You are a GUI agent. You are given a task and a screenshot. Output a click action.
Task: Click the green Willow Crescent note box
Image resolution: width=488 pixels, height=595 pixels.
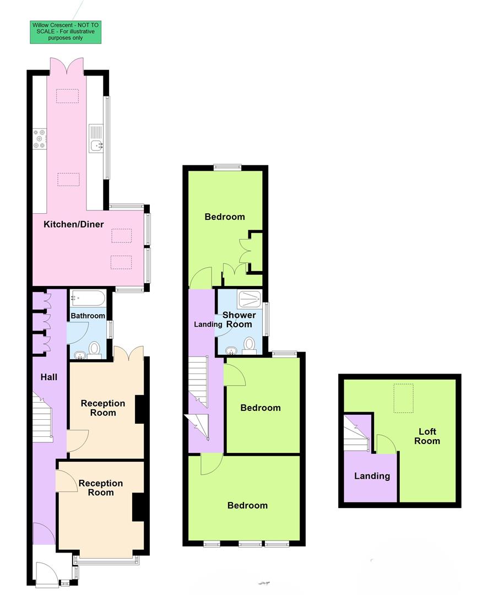pos(66,32)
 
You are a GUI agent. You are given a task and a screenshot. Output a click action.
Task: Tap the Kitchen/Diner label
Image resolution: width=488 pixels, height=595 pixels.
pos(74,224)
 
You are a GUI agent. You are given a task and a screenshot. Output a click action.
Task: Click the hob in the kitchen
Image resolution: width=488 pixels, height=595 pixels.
pos(40,139)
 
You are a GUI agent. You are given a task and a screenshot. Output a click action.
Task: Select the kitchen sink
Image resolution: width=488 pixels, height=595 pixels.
pos(96,146)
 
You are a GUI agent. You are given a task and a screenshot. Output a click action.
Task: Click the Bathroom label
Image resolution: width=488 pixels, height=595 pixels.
pos(88,316)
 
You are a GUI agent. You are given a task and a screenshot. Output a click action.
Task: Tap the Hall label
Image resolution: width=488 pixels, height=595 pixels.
pos(49,377)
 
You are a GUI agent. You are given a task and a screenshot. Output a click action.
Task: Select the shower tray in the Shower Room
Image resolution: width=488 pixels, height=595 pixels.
pos(251,300)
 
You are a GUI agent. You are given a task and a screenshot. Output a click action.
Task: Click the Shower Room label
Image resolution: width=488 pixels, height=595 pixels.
pos(239,320)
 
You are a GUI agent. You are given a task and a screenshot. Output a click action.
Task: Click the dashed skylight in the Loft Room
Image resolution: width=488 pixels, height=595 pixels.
pos(404,398)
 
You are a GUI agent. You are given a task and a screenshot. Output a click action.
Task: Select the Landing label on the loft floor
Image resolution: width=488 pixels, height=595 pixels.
pos(372,476)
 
